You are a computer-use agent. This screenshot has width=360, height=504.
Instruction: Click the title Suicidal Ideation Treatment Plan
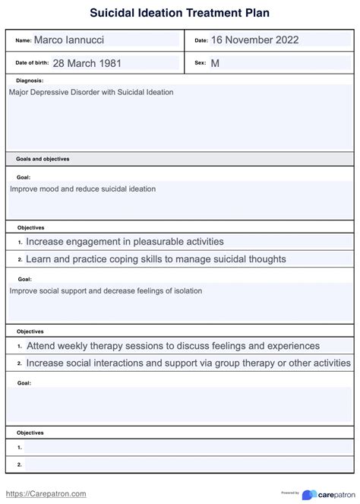(x=179, y=13)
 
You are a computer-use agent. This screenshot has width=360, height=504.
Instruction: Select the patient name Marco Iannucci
(x=68, y=40)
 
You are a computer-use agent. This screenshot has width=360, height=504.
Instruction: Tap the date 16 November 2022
(x=254, y=40)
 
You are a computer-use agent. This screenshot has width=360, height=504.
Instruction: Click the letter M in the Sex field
(x=215, y=63)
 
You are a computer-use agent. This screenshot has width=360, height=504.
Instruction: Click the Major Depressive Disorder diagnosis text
(x=91, y=92)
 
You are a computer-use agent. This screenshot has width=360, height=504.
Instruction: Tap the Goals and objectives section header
(x=43, y=159)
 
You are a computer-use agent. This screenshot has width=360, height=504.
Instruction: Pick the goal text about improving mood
(x=83, y=189)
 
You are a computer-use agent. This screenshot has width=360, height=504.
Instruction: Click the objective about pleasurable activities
(x=125, y=242)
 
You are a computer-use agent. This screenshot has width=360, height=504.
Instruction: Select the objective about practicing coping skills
(x=156, y=258)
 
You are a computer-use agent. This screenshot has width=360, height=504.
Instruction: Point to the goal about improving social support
(x=106, y=290)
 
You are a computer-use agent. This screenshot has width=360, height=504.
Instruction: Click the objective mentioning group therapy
(x=188, y=363)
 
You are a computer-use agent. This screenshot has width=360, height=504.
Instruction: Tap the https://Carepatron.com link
(x=46, y=493)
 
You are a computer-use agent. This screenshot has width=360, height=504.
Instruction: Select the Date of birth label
(x=33, y=63)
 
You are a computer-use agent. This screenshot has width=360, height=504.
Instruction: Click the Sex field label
(x=201, y=63)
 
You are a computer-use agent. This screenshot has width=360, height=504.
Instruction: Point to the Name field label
(x=23, y=40)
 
